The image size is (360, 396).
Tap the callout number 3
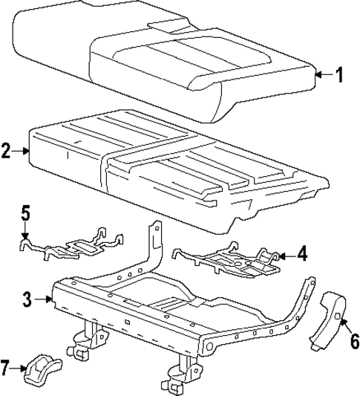point(27,300)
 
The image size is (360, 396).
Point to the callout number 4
point(301,253)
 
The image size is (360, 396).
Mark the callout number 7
point(7,366)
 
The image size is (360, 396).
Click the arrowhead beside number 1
point(318,74)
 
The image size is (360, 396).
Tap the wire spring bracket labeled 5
point(71,245)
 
